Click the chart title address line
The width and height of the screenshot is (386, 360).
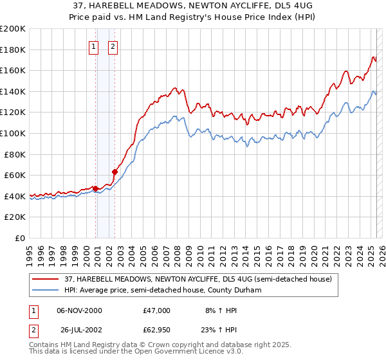[192, 6]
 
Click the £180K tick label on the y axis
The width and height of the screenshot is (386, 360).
[13, 50]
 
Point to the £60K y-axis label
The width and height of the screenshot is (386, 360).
[15, 175]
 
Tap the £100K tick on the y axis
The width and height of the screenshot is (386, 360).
[13, 133]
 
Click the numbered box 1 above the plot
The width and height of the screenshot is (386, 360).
[94, 46]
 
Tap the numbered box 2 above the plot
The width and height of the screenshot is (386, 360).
[113, 46]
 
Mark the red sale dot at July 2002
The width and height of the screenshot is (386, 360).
[115, 172]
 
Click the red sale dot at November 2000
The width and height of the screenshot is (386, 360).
[95, 188]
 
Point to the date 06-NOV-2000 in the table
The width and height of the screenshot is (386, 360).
[79, 310]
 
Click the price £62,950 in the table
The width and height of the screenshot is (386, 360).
[157, 330]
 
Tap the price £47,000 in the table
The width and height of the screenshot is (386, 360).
[157, 310]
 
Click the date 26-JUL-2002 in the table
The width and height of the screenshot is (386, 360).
[79, 330]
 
